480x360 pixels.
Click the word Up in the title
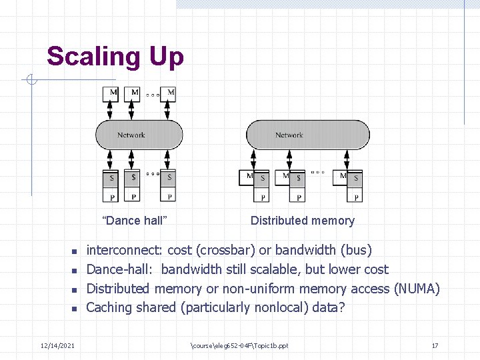pos(167,57)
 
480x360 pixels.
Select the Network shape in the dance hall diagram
pos(139,135)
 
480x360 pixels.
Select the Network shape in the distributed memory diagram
pos(307,135)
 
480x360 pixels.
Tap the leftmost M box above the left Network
pos(111,93)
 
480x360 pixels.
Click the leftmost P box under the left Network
pos(111,196)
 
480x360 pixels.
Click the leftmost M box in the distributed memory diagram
pos(247,177)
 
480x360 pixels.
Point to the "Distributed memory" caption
pos(302,221)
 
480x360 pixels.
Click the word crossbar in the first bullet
pos(225,251)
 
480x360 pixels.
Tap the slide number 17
pos(435,345)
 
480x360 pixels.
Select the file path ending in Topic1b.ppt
pos(239,345)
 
